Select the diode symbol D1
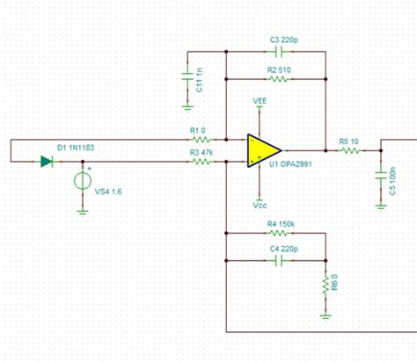click(x=46, y=162)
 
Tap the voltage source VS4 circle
click(x=82, y=181)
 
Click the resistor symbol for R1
click(x=203, y=139)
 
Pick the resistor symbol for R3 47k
click(x=203, y=162)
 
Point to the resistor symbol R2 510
click(x=277, y=77)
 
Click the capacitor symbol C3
click(x=277, y=52)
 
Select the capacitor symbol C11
click(x=187, y=79)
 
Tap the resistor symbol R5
click(x=351, y=150)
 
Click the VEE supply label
click(x=260, y=102)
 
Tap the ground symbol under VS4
click(x=82, y=209)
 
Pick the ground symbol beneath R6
click(x=326, y=310)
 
